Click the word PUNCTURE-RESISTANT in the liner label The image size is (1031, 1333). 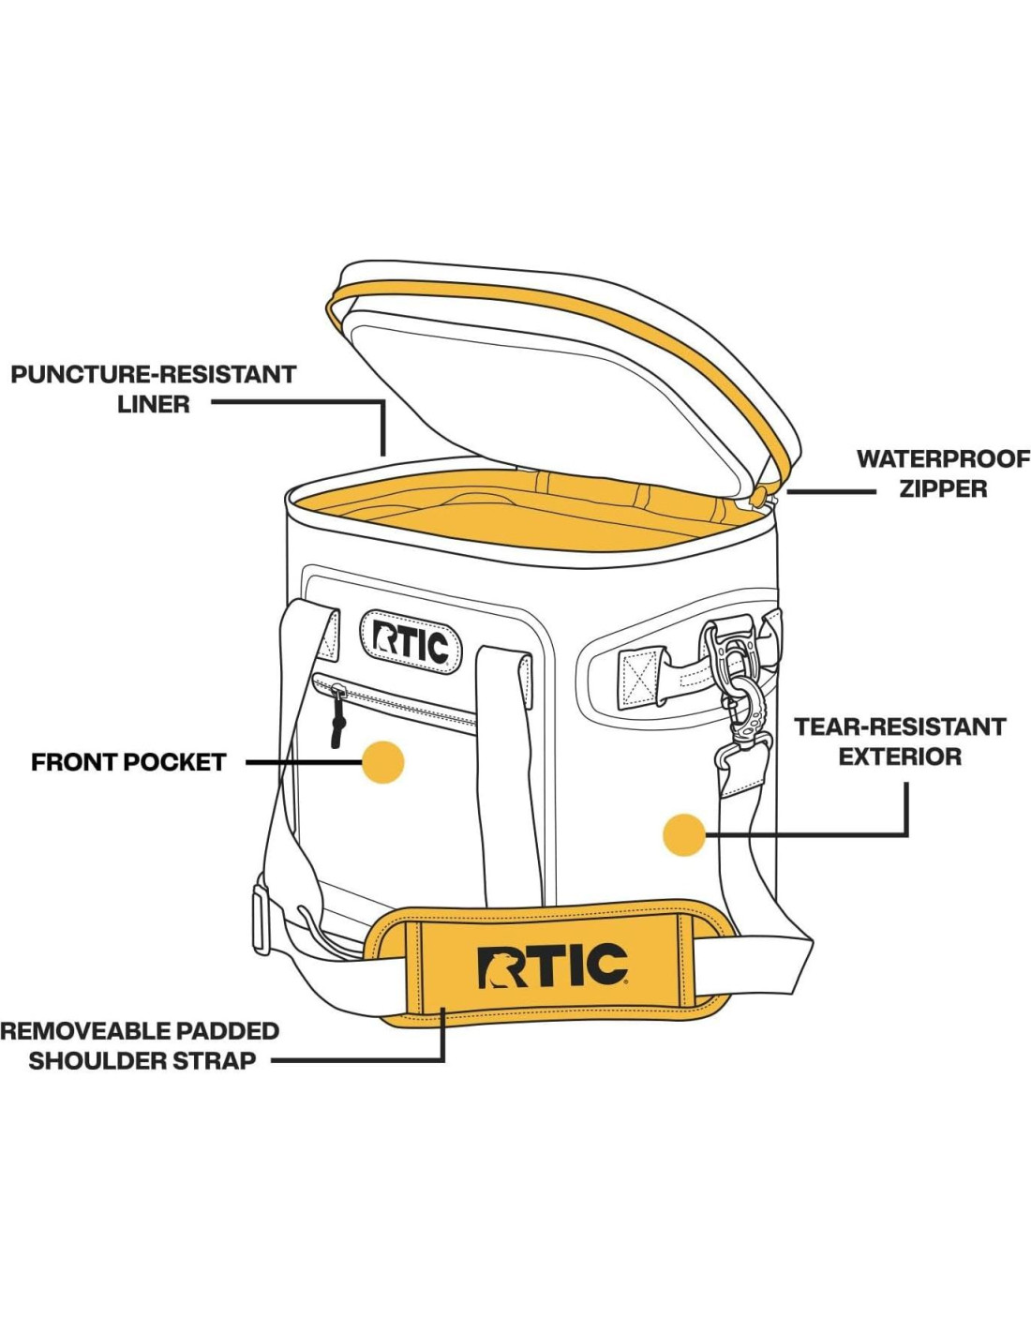pyautogui.click(x=153, y=374)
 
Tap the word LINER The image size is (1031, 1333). pyautogui.click(x=154, y=404)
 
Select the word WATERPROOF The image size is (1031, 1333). pyautogui.click(x=943, y=458)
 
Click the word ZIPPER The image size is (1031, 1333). pyautogui.click(x=943, y=488)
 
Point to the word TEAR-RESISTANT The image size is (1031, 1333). pyautogui.click(x=900, y=726)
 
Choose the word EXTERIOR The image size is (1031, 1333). pyautogui.click(x=900, y=756)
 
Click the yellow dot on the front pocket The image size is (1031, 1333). pyautogui.click(x=382, y=762)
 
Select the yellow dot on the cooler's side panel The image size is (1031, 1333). pyautogui.click(x=684, y=834)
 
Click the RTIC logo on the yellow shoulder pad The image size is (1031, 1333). pyautogui.click(x=552, y=966)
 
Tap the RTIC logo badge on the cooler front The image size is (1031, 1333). pyautogui.click(x=411, y=642)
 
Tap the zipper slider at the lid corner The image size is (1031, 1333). pyautogui.click(x=766, y=496)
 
